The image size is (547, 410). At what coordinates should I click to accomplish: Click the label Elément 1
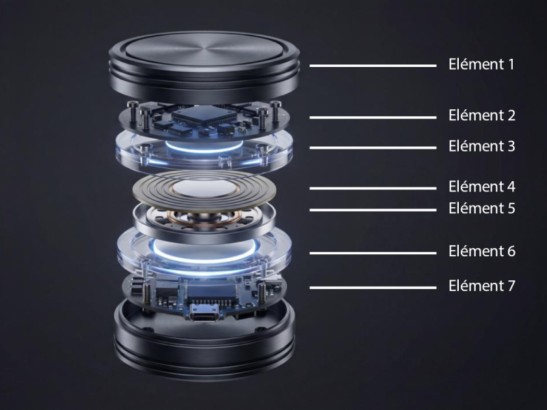click(x=481, y=64)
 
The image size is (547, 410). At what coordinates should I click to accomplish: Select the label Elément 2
click(x=482, y=115)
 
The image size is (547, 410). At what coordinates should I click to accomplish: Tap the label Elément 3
click(x=482, y=146)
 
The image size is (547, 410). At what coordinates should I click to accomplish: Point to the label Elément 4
click(x=482, y=187)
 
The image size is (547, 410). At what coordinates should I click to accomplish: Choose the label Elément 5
click(x=482, y=208)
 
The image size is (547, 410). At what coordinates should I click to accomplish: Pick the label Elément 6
click(x=482, y=251)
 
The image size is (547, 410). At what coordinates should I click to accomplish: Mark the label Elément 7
click(x=482, y=286)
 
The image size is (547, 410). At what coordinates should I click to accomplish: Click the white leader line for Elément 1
click(x=373, y=66)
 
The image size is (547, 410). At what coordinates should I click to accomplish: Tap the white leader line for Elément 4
click(x=373, y=189)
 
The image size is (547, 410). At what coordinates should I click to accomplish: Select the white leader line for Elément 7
click(x=373, y=288)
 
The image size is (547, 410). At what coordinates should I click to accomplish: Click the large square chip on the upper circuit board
click(x=202, y=115)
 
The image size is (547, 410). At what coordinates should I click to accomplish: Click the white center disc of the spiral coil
click(x=204, y=189)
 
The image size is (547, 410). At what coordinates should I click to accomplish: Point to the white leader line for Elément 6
click(x=373, y=253)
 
